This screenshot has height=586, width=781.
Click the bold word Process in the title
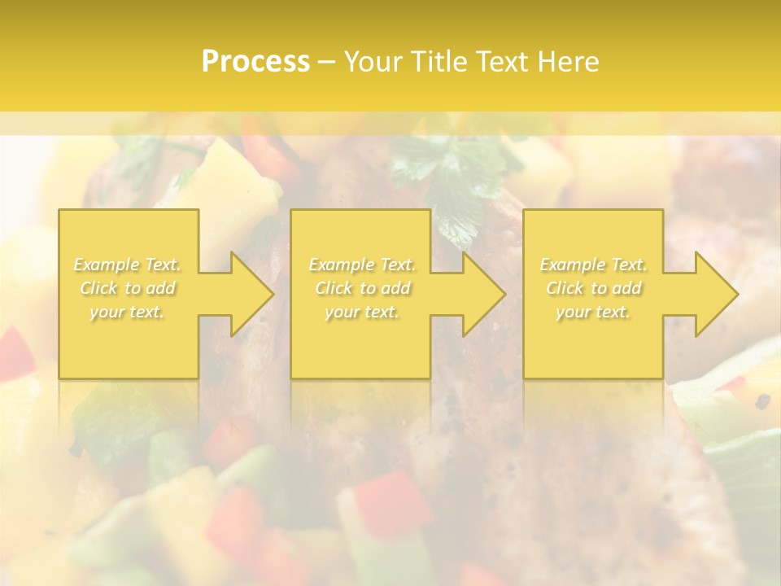click(x=255, y=62)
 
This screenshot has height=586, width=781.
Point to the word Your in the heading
click(x=373, y=62)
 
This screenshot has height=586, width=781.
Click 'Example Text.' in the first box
click(x=128, y=265)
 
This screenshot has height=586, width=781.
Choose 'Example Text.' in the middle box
click(x=362, y=265)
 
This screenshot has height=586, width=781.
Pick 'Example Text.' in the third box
click(x=593, y=265)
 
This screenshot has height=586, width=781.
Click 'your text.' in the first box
click(x=127, y=312)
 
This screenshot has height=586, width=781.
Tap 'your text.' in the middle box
click(x=362, y=312)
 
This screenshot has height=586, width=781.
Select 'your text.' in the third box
click(x=593, y=312)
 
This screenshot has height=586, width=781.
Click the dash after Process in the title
click(x=327, y=62)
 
